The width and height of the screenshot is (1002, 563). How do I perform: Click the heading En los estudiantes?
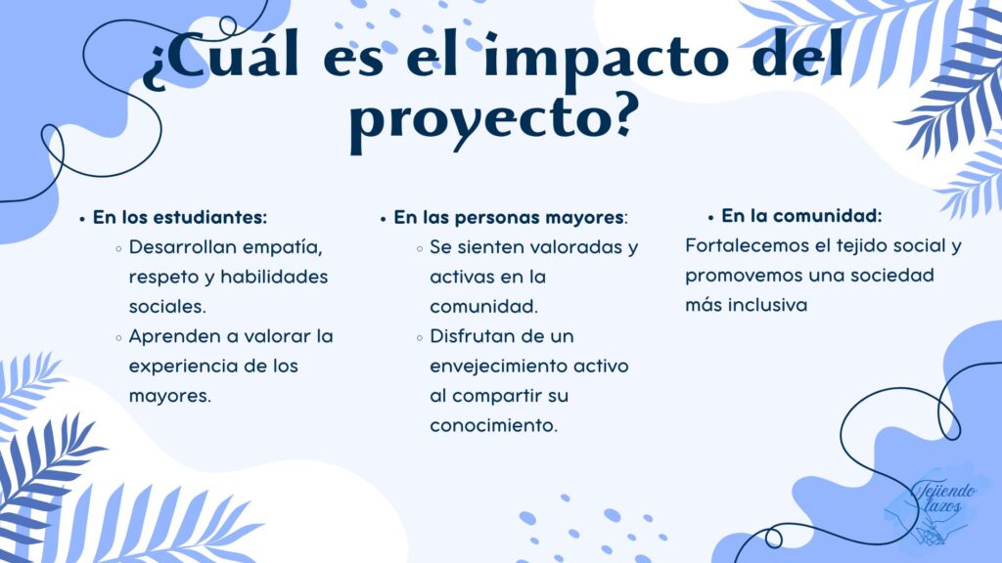point(180,217)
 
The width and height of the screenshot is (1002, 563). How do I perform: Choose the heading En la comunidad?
point(801,216)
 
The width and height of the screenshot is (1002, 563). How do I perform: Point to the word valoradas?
point(568,247)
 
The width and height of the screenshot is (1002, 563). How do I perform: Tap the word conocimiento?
point(493,426)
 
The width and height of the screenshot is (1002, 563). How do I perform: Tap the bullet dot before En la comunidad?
point(710,218)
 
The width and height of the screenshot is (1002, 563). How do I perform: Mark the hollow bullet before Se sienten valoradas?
point(419,249)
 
